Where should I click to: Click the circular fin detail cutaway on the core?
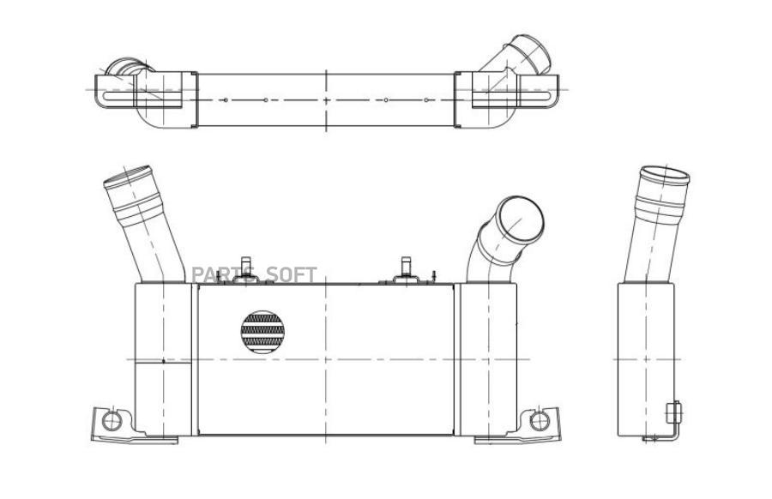[x=262, y=332]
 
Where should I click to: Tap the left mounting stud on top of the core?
[x=245, y=267]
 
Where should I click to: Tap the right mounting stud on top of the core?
[x=407, y=267]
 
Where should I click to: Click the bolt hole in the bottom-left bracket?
[x=112, y=421]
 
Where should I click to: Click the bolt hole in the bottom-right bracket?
[x=540, y=421]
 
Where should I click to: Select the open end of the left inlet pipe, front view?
[x=128, y=177]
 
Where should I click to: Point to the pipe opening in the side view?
[x=665, y=175]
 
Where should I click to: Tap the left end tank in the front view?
[x=163, y=359]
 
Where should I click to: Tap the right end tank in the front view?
[x=488, y=359]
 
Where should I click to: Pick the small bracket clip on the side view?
[x=673, y=412]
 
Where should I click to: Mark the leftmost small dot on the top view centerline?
[x=226, y=100]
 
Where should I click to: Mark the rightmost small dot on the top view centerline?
[x=425, y=100]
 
